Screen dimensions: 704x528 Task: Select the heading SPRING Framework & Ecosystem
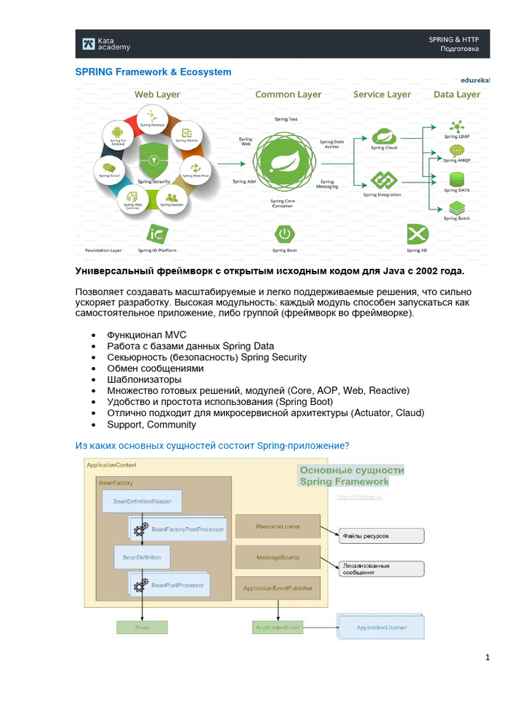[153, 72]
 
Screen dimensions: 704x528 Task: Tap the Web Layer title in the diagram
[157, 95]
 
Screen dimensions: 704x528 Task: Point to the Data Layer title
[456, 95]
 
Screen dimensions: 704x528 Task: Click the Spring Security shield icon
[153, 162]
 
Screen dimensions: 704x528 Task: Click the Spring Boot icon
[284, 234]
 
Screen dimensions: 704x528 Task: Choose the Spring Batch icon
[456, 208]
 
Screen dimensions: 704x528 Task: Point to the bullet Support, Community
[151, 425]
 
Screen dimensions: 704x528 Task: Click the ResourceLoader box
[278, 526]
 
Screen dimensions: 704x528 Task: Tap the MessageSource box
[278, 557]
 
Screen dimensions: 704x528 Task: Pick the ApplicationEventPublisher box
[278, 588]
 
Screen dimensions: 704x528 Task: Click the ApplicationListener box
[381, 628]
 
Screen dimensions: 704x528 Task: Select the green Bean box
[142, 627]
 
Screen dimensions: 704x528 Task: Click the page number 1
[487, 658]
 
